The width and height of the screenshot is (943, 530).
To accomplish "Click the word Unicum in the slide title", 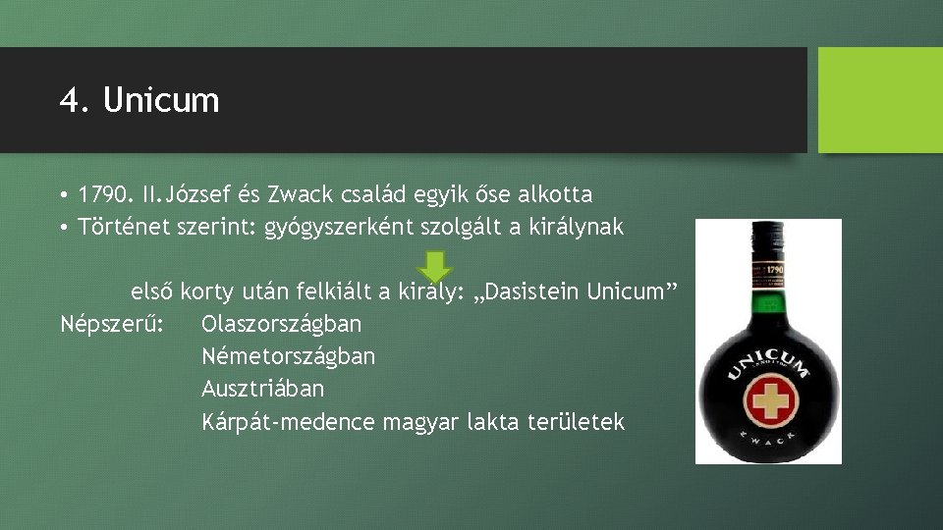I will tap(161, 100).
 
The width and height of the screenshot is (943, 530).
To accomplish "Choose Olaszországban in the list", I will tap(282, 324).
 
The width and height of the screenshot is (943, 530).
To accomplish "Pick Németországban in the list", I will tap(288, 356).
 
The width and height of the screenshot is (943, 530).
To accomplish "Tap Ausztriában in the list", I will tap(262, 389).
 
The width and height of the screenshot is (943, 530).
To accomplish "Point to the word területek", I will tap(576, 422).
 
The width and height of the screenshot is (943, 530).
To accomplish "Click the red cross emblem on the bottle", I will tap(770, 401).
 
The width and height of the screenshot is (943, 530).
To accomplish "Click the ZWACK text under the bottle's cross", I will tap(769, 436).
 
